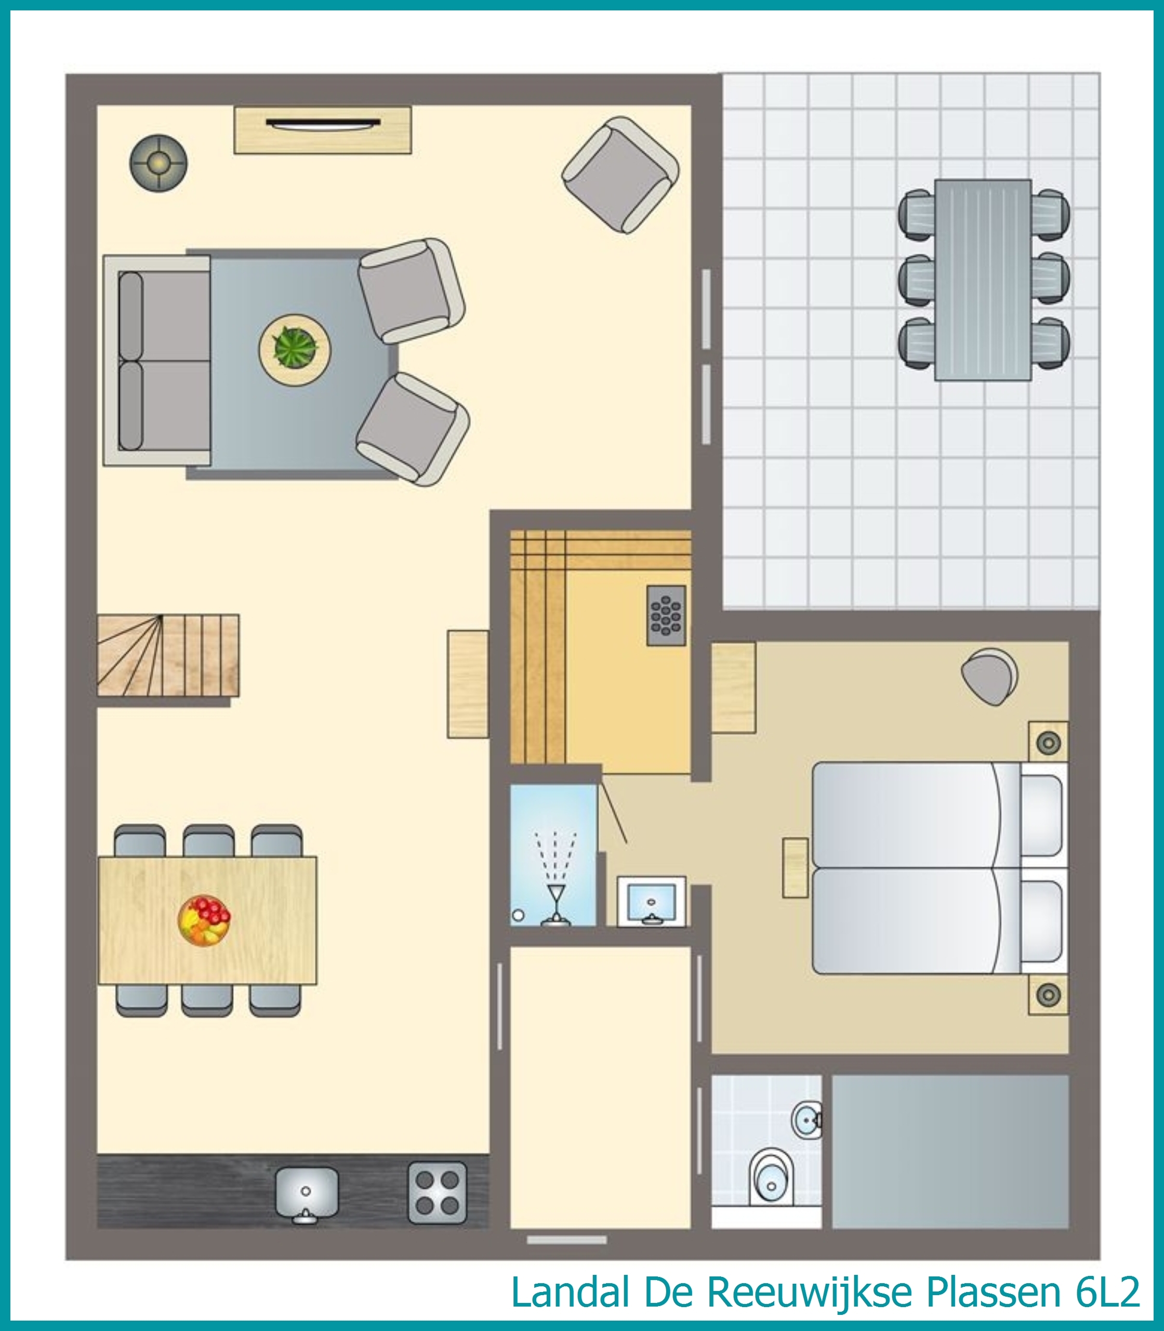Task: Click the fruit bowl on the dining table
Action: click(x=204, y=920)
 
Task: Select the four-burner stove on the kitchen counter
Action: click(x=437, y=1191)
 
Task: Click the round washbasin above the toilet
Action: click(x=806, y=1118)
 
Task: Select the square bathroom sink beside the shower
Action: click(x=651, y=901)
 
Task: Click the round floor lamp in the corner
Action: click(x=158, y=163)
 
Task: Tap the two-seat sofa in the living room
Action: click(x=156, y=361)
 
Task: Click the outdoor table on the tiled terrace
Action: click(x=983, y=280)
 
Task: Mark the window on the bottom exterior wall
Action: click(x=566, y=1240)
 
